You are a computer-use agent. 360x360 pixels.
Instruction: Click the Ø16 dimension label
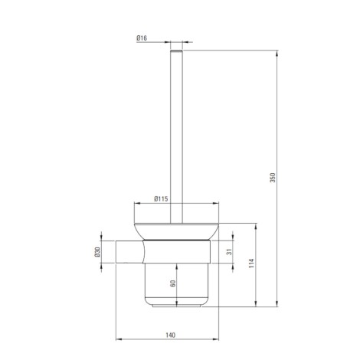(142, 38)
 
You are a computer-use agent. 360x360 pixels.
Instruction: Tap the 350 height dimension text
(273, 178)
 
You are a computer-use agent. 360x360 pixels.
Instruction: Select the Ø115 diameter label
(161, 198)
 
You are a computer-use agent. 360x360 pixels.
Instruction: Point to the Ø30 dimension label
(97, 252)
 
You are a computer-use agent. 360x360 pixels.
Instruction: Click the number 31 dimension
(230, 252)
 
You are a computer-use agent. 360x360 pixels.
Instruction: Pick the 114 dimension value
(251, 263)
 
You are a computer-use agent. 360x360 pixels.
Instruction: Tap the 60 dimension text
(173, 283)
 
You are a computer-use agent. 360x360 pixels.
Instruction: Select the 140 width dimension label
(171, 335)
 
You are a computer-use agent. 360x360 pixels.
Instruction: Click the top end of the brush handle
(176, 51)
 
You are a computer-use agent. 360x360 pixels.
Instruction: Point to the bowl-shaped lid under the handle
(176, 231)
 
